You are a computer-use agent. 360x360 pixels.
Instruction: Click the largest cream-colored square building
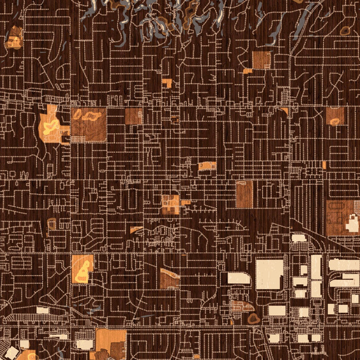click(269, 274)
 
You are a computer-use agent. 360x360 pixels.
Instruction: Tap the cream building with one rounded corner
click(239, 278)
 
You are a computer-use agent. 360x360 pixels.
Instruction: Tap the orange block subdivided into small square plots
click(170, 205)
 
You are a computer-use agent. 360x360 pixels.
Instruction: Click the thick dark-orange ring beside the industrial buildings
click(253, 318)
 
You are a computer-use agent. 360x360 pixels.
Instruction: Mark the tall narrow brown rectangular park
click(244, 194)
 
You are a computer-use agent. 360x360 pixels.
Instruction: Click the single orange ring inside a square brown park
click(335, 121)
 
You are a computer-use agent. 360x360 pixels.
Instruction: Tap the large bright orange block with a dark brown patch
click(111, 344)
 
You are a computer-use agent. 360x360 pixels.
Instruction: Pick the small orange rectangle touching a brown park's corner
click(248, 70)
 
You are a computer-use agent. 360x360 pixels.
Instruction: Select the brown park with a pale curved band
click(169, 278)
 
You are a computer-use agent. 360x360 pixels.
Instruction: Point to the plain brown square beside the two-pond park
click(133, 116)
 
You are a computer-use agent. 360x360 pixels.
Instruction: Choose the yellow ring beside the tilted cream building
click(28, 355)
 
